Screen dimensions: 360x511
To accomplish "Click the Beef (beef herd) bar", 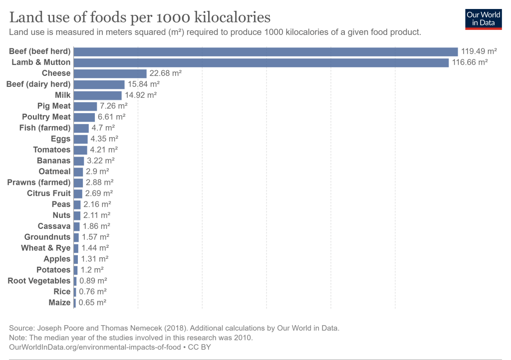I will click(x=265, y=51).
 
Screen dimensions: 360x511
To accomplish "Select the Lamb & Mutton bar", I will click(x=261, y=62).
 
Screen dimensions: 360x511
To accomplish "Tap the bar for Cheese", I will click(x=110, y=73).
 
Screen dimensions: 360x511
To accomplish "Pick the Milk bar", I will click(x=98, y=95).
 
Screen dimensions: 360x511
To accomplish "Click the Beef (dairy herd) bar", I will click(x=99, y=84).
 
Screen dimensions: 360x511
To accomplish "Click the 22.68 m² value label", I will click(x=165, y=73).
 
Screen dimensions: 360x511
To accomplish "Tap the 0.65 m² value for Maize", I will click(x=92, y=303).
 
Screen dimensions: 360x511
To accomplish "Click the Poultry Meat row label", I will click(x=46, y=117).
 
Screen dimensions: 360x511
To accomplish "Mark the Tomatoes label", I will click(x=52, y=150).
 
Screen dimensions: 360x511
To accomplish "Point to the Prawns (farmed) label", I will click(x=39, y=182).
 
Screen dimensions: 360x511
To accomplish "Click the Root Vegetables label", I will click(x=39, y=281).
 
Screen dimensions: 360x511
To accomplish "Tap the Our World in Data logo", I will click(x=484, y=19).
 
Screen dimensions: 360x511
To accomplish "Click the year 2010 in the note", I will click(x=243, y=338).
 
